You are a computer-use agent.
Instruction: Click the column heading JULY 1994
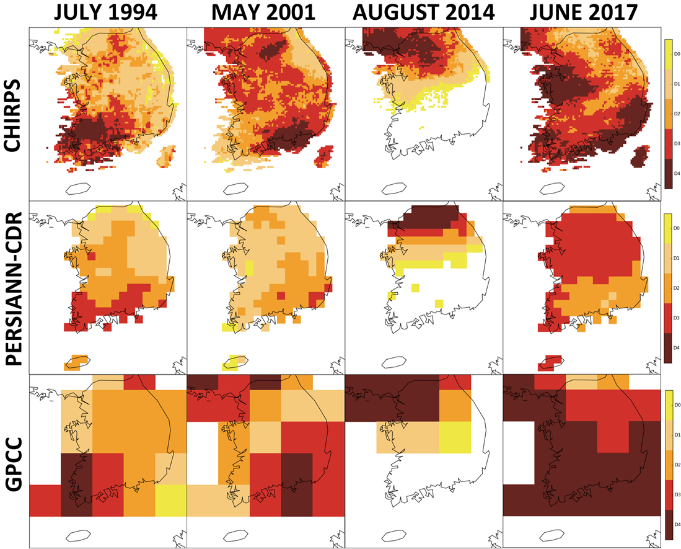(105, 12)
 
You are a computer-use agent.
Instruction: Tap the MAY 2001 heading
(263, 12)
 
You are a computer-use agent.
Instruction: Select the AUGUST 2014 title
(423, 12)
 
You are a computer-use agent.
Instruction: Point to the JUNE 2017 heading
(583, 12)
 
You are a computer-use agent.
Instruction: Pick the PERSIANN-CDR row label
(13, 288)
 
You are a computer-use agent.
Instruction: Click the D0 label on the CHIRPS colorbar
(677, 54)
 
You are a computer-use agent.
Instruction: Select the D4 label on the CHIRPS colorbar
(677, 174)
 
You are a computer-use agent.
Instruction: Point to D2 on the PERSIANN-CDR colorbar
(677, 288)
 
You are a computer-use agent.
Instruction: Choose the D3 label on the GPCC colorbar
(677, 494)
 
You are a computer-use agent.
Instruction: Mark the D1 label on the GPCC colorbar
(677, 435)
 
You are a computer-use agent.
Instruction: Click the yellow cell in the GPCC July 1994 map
(170, 501)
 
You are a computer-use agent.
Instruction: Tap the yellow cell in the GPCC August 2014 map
(455, 437)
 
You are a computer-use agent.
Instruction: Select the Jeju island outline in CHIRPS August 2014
(394, 189)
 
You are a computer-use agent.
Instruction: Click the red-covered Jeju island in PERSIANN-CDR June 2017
(550, 362)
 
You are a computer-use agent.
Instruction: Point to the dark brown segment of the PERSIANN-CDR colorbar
(668, 348)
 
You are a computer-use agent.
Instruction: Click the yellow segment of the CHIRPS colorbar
(668, 54)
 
